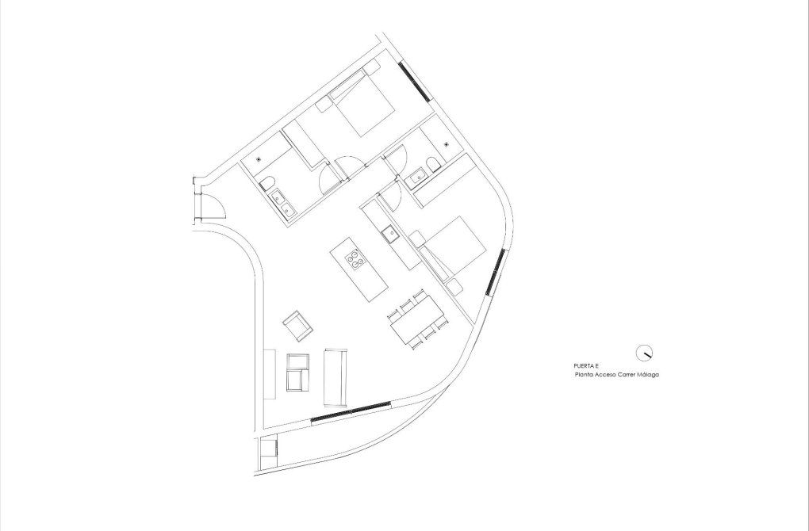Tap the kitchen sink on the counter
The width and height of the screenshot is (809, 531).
389,233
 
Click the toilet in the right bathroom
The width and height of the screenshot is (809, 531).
433,163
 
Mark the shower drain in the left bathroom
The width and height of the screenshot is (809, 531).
259,159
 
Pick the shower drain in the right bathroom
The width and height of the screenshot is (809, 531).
447,145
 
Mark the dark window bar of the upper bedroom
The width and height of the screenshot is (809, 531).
414,82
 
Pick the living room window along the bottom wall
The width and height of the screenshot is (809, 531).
350,413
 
